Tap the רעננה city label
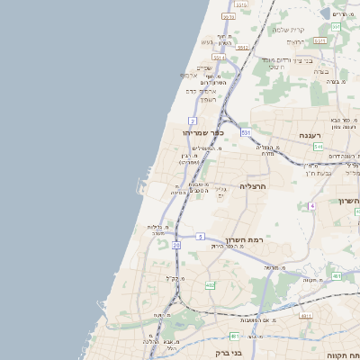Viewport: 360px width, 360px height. click(x=310, y=135)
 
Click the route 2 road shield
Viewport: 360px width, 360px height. click(x=193, y=121)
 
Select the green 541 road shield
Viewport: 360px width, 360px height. click(x=319, y=146)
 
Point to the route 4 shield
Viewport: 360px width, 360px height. click(x=311, y=206)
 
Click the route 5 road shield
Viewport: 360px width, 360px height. click(x=199, y=236)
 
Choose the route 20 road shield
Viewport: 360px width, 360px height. click(x=176, y=245)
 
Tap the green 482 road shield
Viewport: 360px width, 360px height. click(x=210, y=285)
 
